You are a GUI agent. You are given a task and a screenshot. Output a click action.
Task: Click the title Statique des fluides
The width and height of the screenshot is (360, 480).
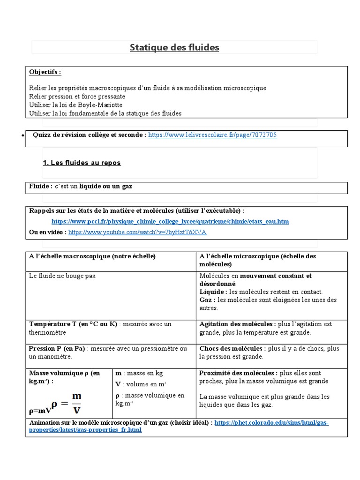174,47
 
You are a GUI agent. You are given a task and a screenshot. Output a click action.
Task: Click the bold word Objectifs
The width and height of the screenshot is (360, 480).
45,72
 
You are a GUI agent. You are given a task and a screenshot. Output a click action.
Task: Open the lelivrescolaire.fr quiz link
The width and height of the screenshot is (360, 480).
212,135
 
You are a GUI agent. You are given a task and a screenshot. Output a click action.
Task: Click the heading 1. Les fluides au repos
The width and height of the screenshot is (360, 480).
82,163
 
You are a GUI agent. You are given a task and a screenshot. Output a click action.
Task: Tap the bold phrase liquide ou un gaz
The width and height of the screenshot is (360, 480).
105,187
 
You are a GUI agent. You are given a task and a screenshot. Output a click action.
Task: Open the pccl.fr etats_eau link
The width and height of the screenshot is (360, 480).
170,221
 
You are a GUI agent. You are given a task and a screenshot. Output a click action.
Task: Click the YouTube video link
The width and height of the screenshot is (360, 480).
137,232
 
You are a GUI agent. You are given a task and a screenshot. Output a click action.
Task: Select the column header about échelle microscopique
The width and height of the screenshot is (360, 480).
263,260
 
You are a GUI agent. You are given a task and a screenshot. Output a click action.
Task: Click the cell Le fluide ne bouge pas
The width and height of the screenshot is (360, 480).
62,276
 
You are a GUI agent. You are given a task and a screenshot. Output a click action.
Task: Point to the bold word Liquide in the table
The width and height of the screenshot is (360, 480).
212,292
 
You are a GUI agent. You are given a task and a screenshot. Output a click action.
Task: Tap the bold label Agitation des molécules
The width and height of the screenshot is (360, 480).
237,324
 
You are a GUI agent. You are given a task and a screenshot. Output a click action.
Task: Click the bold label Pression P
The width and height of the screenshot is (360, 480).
44,349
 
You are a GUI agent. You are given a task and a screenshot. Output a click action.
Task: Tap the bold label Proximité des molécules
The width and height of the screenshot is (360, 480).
238,373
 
